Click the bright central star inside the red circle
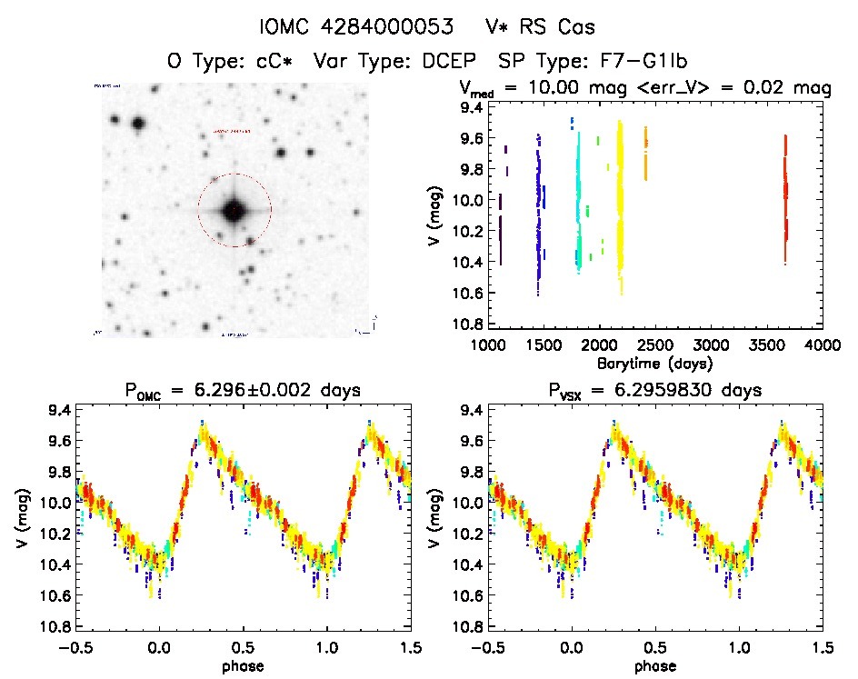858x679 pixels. coord(234,211)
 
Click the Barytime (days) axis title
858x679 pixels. coord(653,363)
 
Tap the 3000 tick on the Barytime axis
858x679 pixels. coord(711,345)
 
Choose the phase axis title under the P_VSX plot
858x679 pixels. coord(655,665)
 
